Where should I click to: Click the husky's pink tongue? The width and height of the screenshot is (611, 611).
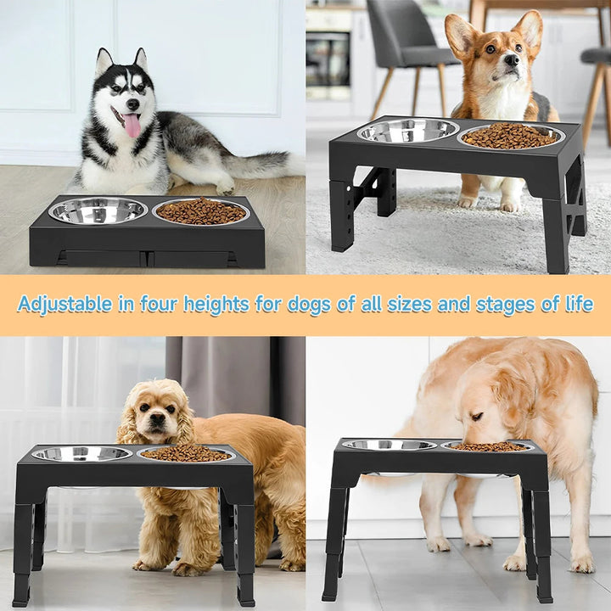point(132,126)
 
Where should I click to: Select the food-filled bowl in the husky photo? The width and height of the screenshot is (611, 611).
point(201,211)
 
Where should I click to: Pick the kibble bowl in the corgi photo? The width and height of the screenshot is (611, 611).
point(511,136)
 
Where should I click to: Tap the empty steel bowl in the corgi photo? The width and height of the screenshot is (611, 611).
point(407,130)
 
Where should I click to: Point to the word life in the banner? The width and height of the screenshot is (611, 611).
point(579,304)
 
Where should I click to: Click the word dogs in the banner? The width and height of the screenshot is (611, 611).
point(307,304)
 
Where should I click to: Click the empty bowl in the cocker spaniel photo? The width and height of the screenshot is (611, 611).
point(81,454)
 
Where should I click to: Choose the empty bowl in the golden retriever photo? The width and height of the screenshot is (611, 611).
point(389,445)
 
